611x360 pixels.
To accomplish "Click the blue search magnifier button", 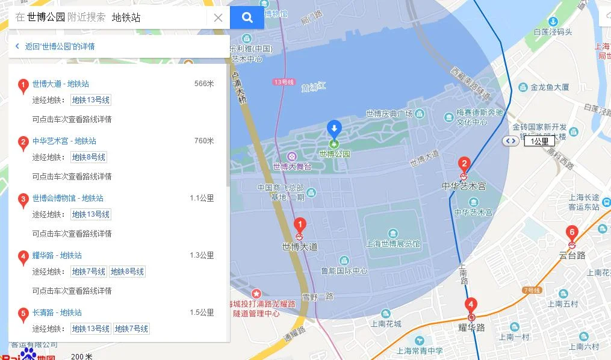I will point(247,17).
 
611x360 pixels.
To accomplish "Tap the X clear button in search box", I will point(218,17).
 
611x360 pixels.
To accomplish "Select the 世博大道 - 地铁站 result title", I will point(60,84).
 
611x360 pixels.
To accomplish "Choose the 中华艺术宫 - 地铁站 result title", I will point(64,141).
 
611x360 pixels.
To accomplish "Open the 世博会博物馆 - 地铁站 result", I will point(67,198).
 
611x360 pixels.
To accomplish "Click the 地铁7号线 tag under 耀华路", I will point(88,272).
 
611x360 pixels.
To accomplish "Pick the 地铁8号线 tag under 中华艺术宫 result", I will point(88,157).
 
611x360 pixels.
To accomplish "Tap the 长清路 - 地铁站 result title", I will point(57,312).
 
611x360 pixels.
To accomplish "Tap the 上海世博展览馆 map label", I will point(392,244).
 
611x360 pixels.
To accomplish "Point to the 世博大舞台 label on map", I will point(292,166).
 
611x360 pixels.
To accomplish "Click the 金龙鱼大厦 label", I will point(550,87).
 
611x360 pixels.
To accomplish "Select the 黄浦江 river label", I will point(314,87).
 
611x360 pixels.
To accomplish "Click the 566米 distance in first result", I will point(204,84).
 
